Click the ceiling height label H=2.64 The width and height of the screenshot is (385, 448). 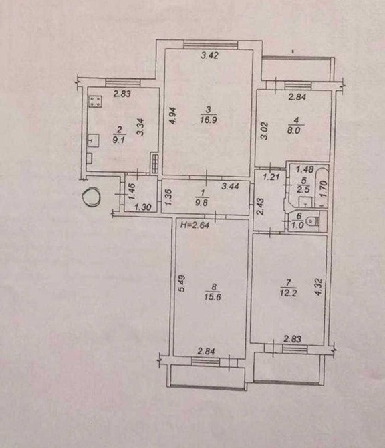pyautogui.click(x=195, y=225)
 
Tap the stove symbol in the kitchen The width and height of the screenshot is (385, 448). pyautogui.click(x=95, y=101)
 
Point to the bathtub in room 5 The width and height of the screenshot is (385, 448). pyautogui.click(x=321, y=187)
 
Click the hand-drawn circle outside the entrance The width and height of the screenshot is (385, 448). pyautogui.click(x=92, y=197)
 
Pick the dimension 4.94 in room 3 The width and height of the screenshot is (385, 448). pyautogui.click(x=174, y=115)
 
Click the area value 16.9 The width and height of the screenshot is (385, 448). pyautogui.click(x=209, y=120)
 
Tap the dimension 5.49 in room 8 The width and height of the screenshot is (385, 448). pyautogui.click(x=181, y=283)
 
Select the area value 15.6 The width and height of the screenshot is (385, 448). pyautogui.click(x=213, y=297)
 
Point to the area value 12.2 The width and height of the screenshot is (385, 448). pyautogui.click(x=289, y=293)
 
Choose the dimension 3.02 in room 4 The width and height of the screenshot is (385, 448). pyautogui.click(x=265, y=131)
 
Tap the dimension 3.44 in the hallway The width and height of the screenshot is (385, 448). pyautogui.click(x=231, y=186)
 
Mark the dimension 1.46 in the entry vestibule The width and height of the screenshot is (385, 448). pyautogui.click(x=132, y=192)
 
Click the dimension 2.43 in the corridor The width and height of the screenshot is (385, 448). pyautogui.click(x=261, y=207)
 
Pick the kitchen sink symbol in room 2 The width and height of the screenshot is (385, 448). pyautogui.click(x=93, y=140)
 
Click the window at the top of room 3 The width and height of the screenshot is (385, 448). pyautogui.click(x=211, y=45)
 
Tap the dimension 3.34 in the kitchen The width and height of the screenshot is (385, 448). pyautogui.click(x=140, y=127)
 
